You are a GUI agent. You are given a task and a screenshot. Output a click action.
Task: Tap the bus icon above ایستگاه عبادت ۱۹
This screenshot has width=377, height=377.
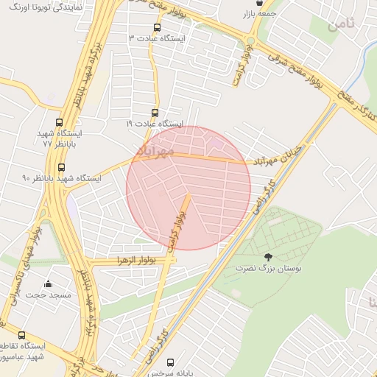tap(155, 113)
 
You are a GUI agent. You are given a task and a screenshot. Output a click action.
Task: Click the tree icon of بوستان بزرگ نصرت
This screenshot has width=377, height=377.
tap(267, 257)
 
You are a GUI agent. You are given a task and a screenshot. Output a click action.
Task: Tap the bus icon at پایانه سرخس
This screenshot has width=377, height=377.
tap(171, 362)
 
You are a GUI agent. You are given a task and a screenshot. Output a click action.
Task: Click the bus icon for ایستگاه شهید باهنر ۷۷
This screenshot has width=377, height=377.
tap(59, 124)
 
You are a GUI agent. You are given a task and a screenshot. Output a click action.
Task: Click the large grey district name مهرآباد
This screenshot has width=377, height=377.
tap(155, 150)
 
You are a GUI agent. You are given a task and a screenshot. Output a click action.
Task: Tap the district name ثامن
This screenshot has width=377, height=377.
tap(342, 24)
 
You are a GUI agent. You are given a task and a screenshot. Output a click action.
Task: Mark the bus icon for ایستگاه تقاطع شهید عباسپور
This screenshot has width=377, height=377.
tap(21, 335)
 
